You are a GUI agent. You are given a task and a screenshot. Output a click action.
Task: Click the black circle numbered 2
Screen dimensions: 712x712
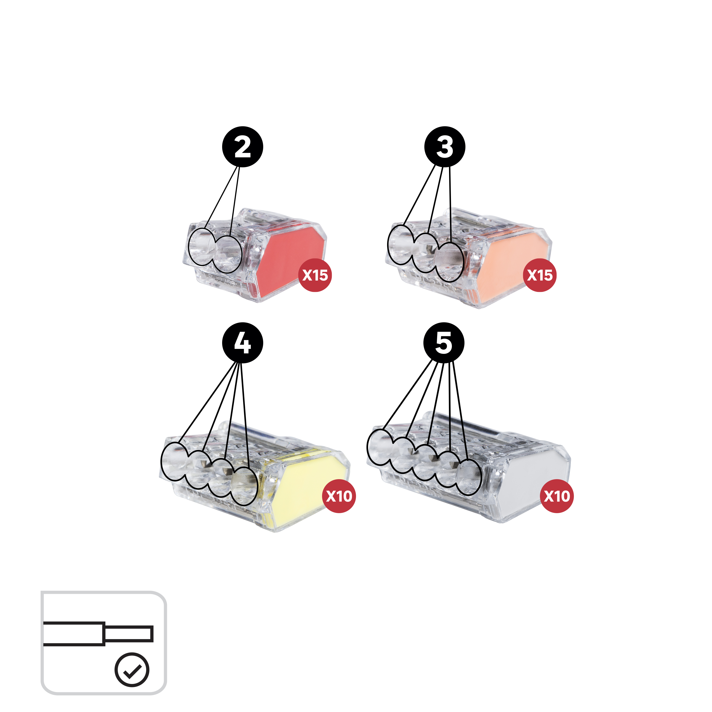click(243, 147)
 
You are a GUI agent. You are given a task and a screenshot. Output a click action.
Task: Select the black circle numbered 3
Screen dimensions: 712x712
click(445, 147)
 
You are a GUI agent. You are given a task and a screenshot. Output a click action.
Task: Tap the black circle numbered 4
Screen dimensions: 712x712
click(243, 343)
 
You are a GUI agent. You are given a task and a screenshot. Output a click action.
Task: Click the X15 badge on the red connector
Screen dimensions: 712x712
click(315, 275)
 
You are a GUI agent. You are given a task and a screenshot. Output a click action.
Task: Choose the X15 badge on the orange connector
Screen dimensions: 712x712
click(539, 275)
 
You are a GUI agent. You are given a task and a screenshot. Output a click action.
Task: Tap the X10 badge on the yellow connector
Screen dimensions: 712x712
click(339, 496)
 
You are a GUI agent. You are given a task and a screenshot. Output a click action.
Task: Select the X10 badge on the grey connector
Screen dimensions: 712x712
click(557, 496)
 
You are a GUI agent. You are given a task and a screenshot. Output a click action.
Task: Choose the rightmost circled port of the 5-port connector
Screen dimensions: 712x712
click(468, 477)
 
